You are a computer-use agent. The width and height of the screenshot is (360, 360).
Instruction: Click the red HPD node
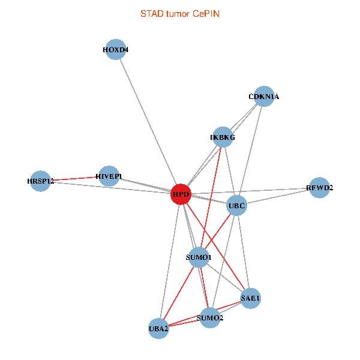(181, 194)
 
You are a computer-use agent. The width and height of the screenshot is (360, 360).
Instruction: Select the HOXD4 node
(116, 50)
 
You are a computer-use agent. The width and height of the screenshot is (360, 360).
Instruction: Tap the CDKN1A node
(264, 96)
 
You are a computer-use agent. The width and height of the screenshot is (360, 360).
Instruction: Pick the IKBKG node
(223, 137)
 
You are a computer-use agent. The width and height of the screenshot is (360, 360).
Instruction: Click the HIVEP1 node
(109, 176)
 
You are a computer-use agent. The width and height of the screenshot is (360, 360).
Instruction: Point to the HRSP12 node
(41, 181)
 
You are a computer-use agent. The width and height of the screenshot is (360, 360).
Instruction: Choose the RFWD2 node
(319, 188)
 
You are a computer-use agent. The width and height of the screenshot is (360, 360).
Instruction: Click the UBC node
(237, 206)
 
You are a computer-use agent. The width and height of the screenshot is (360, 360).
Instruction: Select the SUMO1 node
(200, 257)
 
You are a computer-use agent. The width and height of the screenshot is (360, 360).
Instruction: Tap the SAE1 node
(250, 298)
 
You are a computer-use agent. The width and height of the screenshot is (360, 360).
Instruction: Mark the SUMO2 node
(209, 317)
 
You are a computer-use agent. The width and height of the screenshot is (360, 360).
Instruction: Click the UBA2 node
(158, 328)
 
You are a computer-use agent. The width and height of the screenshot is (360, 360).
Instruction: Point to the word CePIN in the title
(206, 13)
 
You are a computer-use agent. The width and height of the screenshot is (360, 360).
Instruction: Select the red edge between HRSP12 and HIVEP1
(75, 178)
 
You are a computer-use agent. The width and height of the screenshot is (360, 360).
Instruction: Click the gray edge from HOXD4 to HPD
(148, 122)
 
